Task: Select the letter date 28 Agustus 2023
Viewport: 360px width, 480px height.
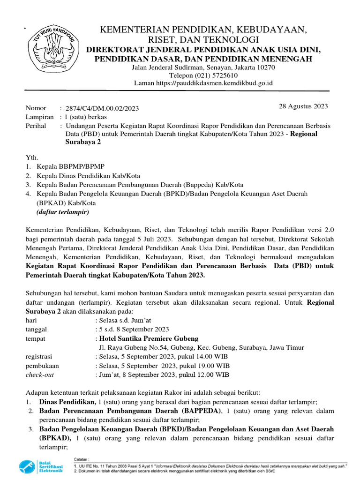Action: pos(303,106)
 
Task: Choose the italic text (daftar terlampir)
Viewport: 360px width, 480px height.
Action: pos(62,212)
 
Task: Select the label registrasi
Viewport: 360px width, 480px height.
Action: pos(39,356)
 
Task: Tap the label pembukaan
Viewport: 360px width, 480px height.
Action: pos(42,366)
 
